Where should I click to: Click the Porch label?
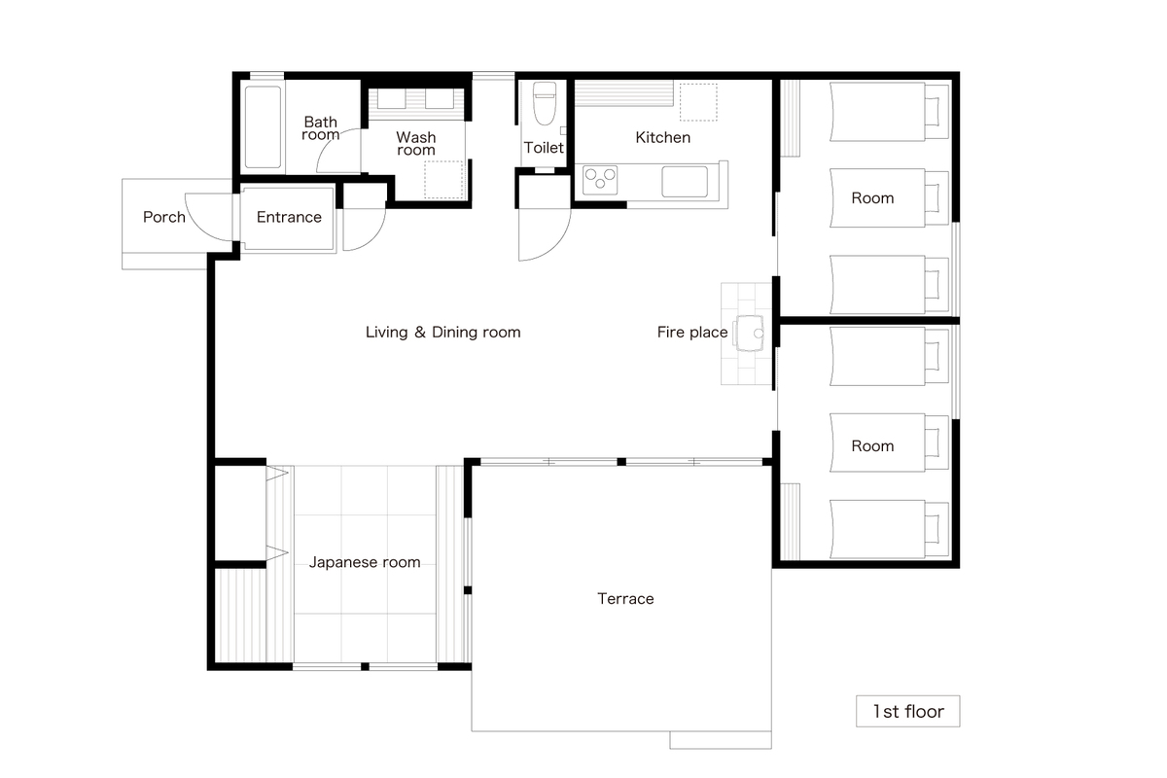(164, 217)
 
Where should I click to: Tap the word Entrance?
(289, 217)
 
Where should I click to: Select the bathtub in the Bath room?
(263, 127)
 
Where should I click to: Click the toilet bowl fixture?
(545, 104)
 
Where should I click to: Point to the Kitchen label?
(662, 137)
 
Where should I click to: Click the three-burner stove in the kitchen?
(600, 180)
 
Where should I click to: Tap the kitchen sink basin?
(685, 181)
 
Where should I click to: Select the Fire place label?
(691, 332)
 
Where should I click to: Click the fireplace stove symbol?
(750, 333)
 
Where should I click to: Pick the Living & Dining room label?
(442, 332)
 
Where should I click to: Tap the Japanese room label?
(365, 562)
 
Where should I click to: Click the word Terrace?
(625, 599)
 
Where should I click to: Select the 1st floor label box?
(907, 711)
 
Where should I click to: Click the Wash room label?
(416, 143)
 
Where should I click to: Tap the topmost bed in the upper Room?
(889, 112)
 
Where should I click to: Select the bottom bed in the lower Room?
(889, 529)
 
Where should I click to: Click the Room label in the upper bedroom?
(872, 198)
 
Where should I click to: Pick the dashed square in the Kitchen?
(698, 102)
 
